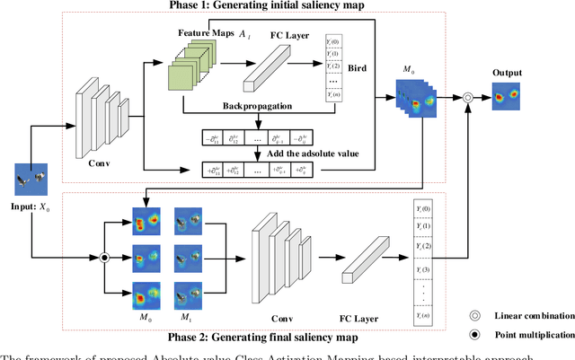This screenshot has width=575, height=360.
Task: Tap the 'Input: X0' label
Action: pos(37,206)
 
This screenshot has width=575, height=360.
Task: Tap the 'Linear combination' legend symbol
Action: pos(473,316)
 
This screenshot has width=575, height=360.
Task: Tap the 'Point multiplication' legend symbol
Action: pos(473,335)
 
